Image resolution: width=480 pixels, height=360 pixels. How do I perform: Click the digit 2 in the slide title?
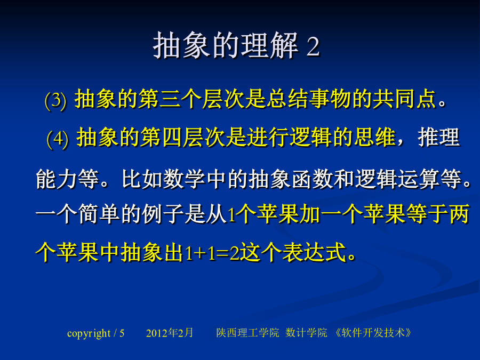(x=313, y=47)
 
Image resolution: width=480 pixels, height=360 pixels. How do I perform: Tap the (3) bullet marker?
(x=55, y=100)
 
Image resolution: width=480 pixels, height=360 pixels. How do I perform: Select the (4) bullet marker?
(x=58, y=139)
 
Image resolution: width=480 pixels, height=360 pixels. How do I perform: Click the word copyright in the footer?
(x=89, y=333)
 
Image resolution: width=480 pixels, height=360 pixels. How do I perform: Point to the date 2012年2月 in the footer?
(x=170, y=333)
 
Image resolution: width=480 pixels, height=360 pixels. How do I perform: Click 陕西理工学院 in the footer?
(x=247, y=333)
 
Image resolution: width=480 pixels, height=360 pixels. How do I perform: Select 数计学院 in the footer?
(x=306, y=333)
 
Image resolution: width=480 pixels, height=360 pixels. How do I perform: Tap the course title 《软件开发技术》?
(x=373, y=333)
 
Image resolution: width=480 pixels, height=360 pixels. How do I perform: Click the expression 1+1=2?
(x=212, y=253)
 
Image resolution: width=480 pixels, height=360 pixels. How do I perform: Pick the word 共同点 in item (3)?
(x=404, y=99)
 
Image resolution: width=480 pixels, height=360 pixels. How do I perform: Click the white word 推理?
(x=439, y=137)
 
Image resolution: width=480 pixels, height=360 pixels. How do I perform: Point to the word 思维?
(x=375, y=137)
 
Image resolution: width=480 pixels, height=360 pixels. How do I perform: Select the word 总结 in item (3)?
(x=287, y=99)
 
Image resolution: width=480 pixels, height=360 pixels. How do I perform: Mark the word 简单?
(x=99, y=214)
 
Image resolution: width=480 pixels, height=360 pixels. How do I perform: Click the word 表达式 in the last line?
(x=314, y=253)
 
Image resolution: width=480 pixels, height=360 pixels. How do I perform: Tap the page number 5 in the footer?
(x=122, y=333)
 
